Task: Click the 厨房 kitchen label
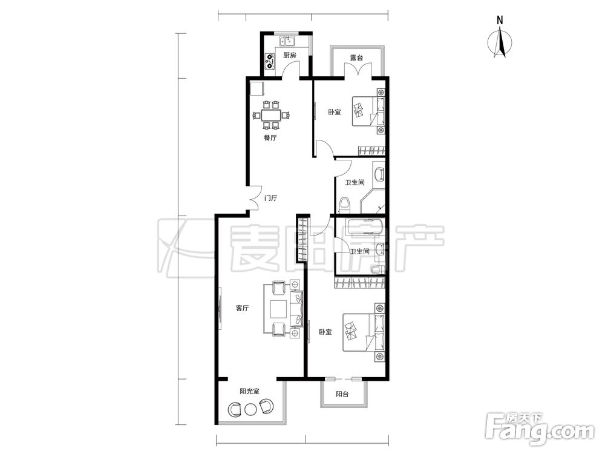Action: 290,56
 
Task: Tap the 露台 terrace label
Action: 356,58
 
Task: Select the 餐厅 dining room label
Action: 270,138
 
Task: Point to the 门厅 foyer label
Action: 270,199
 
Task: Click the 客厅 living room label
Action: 242,308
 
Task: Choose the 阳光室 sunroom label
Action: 250,391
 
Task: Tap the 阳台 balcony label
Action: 342,394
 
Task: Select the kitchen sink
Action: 287,41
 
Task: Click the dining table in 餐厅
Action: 271,115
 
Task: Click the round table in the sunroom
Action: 250,409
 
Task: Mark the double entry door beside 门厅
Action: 253,199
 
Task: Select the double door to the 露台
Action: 358,70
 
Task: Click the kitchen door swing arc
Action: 291,69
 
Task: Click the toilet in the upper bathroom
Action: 344,205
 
